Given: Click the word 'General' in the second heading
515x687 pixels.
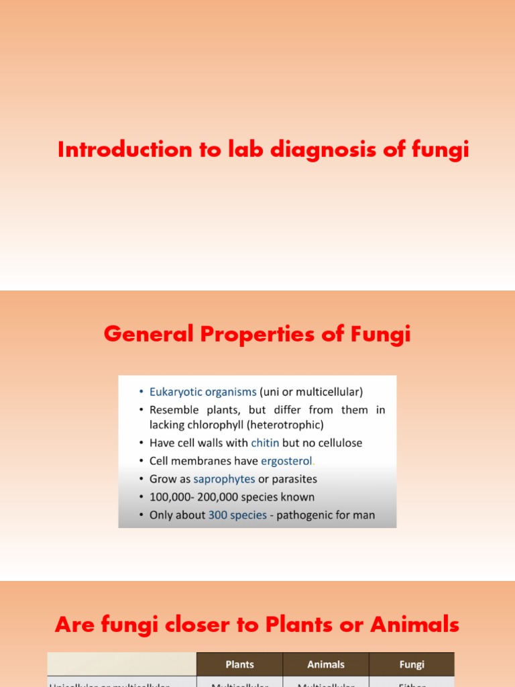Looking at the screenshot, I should pyautogui.click(x=148, y=333).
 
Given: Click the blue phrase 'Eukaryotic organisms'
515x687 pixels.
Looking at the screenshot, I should pyautogui.click(x=203, y=392).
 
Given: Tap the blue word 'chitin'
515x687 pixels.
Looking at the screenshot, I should pyautogui.click(x=266, y=443).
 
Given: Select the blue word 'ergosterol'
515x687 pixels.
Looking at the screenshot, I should pyautogui.click(x=286, y=461).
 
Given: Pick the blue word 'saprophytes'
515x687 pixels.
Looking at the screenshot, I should pyautogui.click(x=224, y=479).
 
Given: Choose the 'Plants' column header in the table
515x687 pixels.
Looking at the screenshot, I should pyautogui.click(x=239, y=664).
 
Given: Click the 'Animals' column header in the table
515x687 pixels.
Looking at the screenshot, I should pyautogui.click(x=326, y=664).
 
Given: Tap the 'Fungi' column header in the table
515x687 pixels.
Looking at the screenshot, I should pyautogui.click(x=412, y=664).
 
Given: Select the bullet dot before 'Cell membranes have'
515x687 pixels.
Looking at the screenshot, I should pyautogui.click(x=141, y=462).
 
